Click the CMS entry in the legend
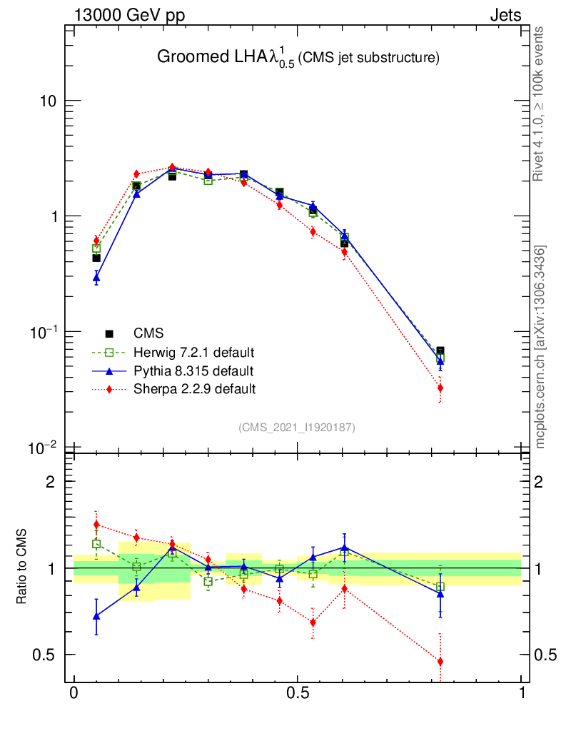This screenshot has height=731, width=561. [148, 333]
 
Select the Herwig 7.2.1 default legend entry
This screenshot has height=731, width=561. [193, 353]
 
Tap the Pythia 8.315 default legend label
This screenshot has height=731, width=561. [193, 371]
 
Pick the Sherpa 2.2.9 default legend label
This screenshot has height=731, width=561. [194, 389]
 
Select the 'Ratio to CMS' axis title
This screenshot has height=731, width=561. [21, 568]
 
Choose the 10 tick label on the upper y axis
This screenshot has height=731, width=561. [49, 101]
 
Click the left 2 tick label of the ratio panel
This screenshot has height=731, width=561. [51, 482]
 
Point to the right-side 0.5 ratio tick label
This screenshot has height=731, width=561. [546, 655]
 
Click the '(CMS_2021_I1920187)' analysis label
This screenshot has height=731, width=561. [297, 427]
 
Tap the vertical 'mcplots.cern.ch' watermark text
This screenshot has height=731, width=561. [542, 347]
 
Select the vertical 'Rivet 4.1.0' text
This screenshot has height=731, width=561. [539, 104]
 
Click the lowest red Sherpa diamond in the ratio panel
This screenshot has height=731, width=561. [440, 662]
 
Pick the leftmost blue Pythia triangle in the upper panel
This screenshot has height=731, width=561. [96, 278]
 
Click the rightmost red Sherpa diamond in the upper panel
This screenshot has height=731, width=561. [440, 388]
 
